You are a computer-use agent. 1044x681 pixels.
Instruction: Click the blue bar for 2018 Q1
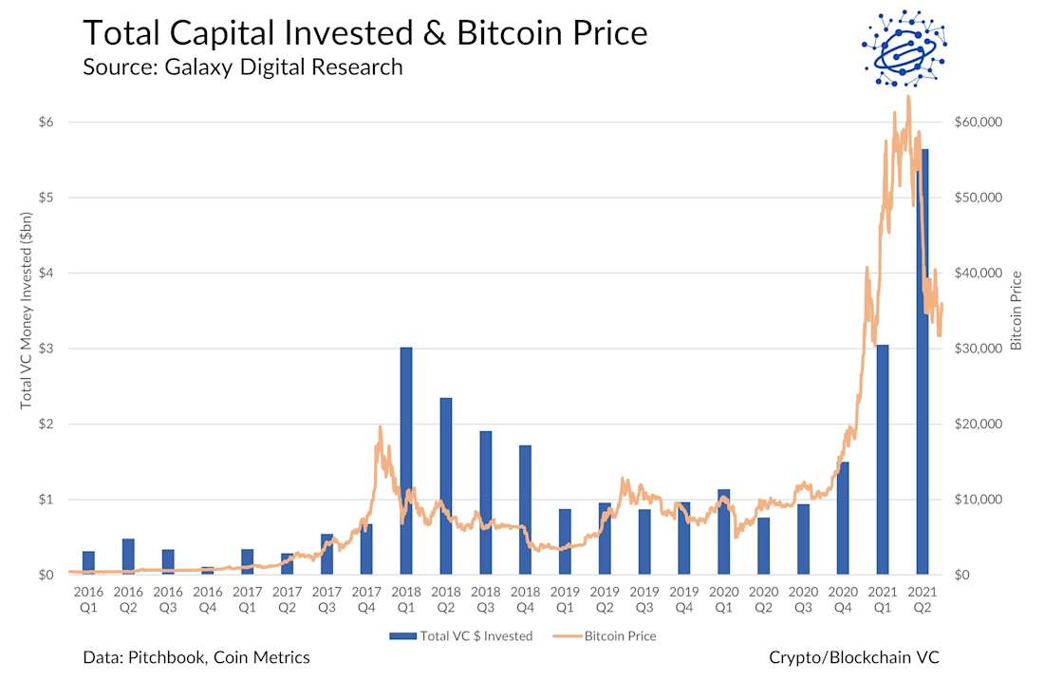pyautogui.click(x=406, y=461)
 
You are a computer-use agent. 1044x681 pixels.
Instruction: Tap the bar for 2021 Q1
pyautogui.click(x=882, y=460)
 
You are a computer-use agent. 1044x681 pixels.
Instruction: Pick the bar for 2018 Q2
pyautogui.click(x=446, y=485)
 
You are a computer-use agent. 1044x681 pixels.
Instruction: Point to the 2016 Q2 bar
pyautogui.click(x=128, y=557)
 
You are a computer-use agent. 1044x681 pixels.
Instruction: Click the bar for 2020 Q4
pyautogui.click(x=843, y=518)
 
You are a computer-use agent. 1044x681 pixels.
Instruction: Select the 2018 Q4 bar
pyautogui.click(x=525, y=509)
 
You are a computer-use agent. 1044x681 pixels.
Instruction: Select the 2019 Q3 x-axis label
pyautogui.click(x=644, y=599)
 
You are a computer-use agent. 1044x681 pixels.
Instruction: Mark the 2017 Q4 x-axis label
pyautogui.click(x=366, y=599)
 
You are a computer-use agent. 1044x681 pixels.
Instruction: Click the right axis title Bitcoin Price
pyautogui.click(x=1016, y=311)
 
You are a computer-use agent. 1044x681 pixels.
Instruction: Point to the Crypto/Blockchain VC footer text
pyautogui.click(x=854, y=657)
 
